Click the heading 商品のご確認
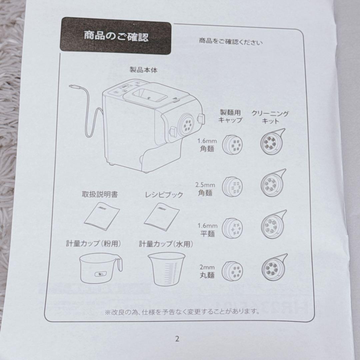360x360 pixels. tap(116, 37)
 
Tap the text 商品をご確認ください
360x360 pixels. tap(231, 42)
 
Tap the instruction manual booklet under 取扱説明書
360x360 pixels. tap(100, 216)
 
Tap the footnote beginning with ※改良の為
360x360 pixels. tap(182, 312)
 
